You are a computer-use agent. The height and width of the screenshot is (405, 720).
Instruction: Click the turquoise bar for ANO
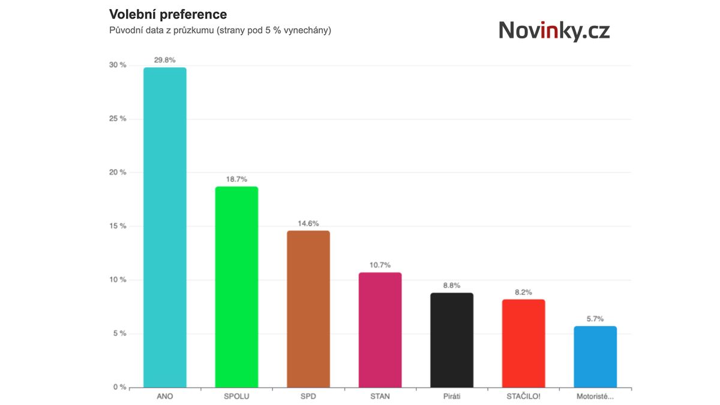point(165,227)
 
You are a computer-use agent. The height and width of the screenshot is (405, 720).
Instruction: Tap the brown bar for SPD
point(308,309)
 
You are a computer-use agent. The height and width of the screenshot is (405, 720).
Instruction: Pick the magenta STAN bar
point(380,330)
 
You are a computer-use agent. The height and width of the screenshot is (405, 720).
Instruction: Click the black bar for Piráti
point(452,340)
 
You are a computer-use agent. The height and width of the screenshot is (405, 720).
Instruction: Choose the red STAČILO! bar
point(524,343)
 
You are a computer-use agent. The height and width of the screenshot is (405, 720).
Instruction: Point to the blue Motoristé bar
point(595,356)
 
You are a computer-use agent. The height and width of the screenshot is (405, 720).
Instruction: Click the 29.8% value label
point(165,60)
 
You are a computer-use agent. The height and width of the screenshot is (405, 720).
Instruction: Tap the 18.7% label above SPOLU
point(236,179)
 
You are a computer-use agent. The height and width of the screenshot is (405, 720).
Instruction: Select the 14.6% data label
point(308,223)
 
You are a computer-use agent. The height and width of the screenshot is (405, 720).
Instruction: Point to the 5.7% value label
point(595,319)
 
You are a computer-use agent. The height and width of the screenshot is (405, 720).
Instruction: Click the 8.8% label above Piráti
point(452,286)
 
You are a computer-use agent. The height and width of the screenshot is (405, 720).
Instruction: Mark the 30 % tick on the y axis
point(118,65)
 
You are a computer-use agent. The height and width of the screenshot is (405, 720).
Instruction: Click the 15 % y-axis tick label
point(118,226)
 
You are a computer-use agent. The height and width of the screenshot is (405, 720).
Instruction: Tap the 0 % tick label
point(119,387)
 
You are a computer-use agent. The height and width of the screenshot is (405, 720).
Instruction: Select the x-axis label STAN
point(380,397)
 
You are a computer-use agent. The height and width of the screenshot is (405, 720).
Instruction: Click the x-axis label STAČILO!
point(524,397)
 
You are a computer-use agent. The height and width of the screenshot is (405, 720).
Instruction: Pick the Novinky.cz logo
point(554,31)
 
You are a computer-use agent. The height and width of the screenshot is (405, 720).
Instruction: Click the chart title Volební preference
point(167,14)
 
